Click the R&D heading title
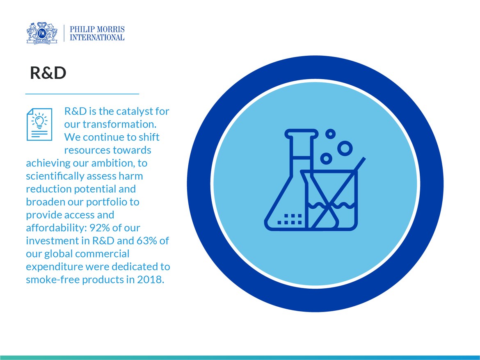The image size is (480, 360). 48,73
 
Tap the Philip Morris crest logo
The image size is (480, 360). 43,32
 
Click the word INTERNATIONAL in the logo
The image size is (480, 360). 97,37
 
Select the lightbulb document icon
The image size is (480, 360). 39,124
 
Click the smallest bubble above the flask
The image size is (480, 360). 330,134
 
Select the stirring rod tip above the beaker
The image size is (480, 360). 362,159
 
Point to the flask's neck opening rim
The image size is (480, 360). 302,132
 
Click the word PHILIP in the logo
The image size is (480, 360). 84,30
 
